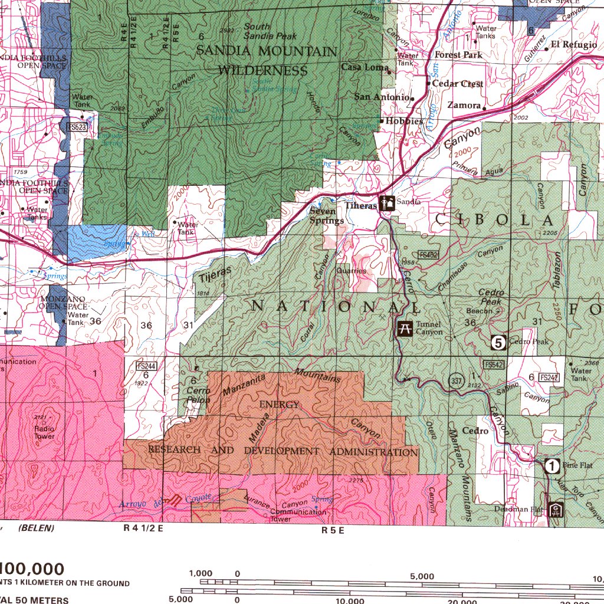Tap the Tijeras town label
pos(360,205)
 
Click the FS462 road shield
pos(428,255)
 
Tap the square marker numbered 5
pos(499,342)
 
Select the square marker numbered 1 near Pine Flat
pos(552,466)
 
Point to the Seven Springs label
pos(326,216)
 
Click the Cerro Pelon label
pos(198,395)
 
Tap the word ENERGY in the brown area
pos(279,405)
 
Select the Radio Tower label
pos(45,432)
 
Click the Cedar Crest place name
pos(458,84)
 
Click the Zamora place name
pos(464,105)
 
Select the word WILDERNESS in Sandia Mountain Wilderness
pos(263,71)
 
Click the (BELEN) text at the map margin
pos(36,528)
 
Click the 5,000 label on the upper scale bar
pos(422,576)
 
